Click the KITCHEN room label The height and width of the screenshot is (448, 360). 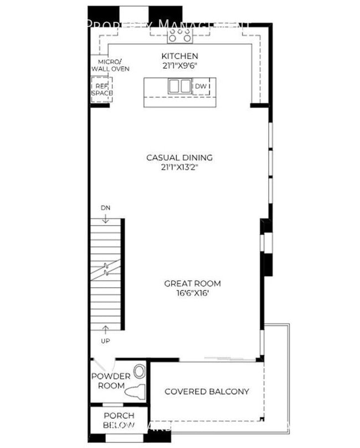point(179,56)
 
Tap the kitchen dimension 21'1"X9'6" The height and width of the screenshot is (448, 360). point(179,65)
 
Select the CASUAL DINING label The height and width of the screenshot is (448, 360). point(179,157)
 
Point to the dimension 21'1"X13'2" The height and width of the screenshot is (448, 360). point(179,166)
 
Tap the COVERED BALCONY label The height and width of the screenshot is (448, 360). point(207,391)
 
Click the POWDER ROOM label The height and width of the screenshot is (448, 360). point(111,381)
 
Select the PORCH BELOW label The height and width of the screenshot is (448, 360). point(119,420)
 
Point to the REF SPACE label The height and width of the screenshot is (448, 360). point(102,90)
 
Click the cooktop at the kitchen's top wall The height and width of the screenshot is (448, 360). point(179,35)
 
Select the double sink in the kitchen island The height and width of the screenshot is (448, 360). point(179,86)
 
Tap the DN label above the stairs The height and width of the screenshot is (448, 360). point(105,207)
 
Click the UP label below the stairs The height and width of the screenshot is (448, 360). point(105,341)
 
